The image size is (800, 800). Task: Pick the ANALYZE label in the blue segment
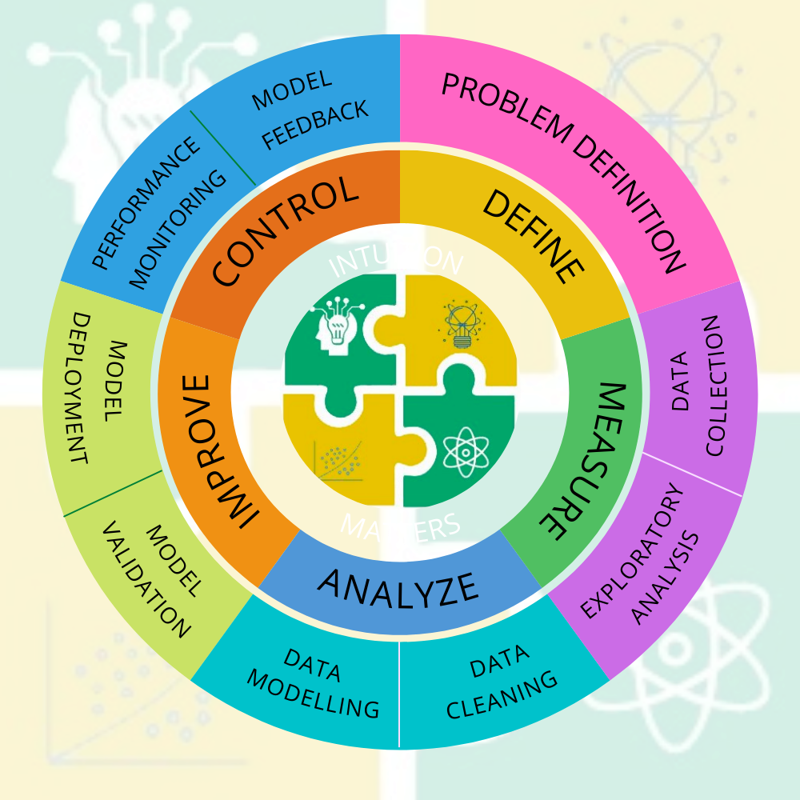398,586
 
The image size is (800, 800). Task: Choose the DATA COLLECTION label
697,385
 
